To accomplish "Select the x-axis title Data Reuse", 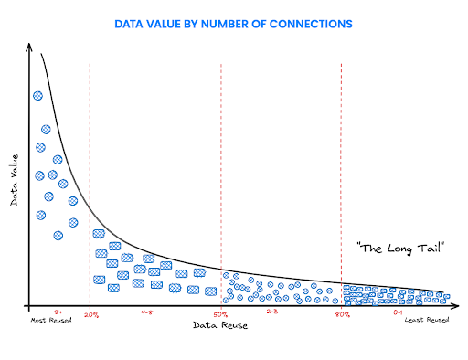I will pyautogui.click(x=218, y=325).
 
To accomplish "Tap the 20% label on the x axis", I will pyautogui.click(x=91, y=315).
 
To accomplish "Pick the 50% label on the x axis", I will pyautogui.click(x=221, y=315).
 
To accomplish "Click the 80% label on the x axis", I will pyautogui.click(x=342, y=315).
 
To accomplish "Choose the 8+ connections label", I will pyautogui.click(x=58, y=312).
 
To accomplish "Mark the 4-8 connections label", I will pyautogui.click(x=147, y=312).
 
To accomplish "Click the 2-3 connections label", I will pyautogui.click(x=272, y=312).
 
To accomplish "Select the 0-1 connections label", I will pyautogui.click(x=398, y=312).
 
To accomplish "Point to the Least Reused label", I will pyautogui.click(x=426, y=321).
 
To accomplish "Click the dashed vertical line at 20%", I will pyautogui.click(x=90, y=183).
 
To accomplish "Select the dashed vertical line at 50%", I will pyautogui.click(x=221, y=183).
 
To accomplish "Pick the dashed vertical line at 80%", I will pyautogui.click(x=341, y=183).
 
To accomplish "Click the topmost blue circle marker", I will pyautogui.click(x=37, y=95).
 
